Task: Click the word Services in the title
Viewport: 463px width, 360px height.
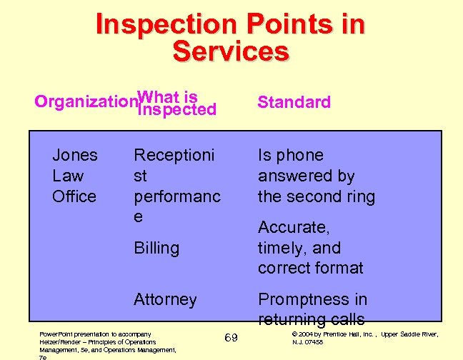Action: point(231,51)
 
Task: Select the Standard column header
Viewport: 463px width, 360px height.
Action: point(294,102)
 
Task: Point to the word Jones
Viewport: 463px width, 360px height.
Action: point(75,155)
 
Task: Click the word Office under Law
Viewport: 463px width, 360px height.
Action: point(75,196)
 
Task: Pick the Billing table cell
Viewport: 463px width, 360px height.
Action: point(156,248)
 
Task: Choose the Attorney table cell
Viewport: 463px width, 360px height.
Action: point(165,299)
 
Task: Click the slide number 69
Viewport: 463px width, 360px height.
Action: point(231,337)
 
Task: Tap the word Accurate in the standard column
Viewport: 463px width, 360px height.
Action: point(294,227)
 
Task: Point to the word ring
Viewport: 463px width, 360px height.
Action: point(360,196)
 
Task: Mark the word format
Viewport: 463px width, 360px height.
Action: point(339,269)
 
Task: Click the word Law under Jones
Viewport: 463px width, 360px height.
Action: point(68,176)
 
